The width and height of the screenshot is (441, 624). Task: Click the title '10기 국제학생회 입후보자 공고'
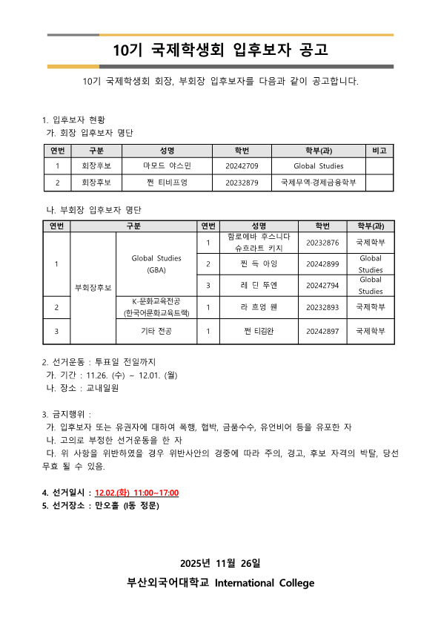[220, 50]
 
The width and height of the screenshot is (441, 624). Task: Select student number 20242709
[242, 165]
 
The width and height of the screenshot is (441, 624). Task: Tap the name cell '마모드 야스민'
[168, 165]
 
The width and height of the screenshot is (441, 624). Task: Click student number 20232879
[242, 182]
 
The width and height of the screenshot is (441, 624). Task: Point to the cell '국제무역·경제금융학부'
[319, 182]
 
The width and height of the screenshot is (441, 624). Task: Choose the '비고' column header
[379, 151]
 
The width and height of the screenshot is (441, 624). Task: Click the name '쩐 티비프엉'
[168, 182]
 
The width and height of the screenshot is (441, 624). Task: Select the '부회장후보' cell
[93, 287]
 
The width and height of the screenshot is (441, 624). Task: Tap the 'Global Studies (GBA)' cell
[156, 264]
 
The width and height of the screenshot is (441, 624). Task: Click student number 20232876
[322, 243]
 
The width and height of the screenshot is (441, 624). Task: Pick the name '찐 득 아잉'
[259, 264]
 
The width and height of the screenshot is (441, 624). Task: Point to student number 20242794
[322, 285]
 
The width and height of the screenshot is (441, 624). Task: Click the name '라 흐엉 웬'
[259, 306]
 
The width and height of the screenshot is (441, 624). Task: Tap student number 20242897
[322, 331]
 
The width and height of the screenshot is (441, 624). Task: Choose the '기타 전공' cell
[156, 331]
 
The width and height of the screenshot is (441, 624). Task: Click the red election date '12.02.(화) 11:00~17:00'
[137, 493]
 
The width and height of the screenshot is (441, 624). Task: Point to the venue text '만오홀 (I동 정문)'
[127, 505]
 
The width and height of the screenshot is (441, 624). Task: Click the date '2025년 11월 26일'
[220, 564]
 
